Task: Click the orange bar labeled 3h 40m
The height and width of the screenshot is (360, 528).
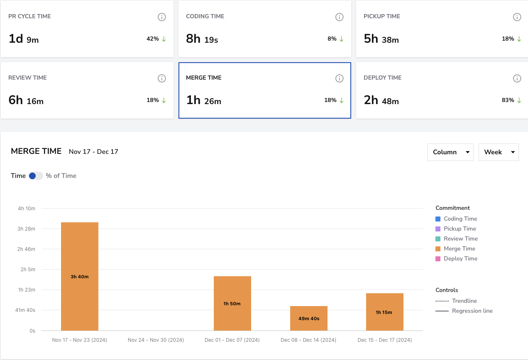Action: [x=80, y=276]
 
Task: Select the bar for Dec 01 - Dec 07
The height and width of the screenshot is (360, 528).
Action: [x=232, y=303]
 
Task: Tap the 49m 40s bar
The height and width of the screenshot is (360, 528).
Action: [x=309, y=319]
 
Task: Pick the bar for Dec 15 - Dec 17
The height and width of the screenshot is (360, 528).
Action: [x=385, y=312]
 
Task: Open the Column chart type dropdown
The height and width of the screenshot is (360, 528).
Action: [x=450, y=152]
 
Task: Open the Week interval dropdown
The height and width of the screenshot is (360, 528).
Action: [x=499, y=152]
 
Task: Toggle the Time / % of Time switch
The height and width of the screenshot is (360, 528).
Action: [x=36, y=176]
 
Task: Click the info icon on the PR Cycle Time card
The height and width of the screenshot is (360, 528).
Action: [x=162, y=17]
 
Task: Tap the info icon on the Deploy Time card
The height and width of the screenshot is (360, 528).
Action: [x=517, y=78]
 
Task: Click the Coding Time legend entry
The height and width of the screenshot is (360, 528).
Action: [x=456, y=219]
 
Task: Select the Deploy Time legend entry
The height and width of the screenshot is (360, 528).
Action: [x=456, y=258]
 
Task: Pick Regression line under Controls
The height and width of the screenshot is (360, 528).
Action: [x=464, y=311]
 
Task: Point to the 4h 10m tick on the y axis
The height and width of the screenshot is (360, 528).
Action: [x=27, y=208]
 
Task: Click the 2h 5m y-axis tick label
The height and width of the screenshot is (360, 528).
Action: [x=28, y=269]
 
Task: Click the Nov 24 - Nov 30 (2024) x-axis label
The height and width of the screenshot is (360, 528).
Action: [x=156, y=340]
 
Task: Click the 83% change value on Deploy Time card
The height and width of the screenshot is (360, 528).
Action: [x=508, y=100]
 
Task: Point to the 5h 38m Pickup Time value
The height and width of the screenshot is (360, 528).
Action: [x=381, y=39]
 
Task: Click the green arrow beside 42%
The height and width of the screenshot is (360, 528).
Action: [x=164, y=39]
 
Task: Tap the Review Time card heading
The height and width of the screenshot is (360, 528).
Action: [x=27, y=78]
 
